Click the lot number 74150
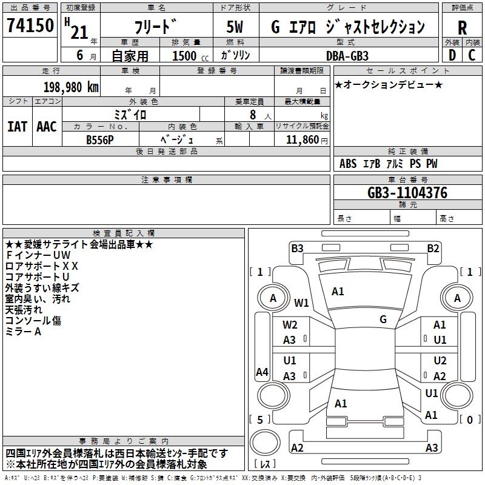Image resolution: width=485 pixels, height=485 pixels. (x=30, y=26)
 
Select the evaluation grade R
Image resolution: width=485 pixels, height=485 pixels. (x=462, y=27)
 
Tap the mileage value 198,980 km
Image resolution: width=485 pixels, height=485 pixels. (x=70, y=87)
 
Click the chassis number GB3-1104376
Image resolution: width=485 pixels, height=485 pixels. (x=407, y=193)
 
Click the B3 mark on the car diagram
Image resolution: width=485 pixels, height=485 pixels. (x=297, y=248)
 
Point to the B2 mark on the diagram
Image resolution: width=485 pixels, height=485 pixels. (x=433, y=248)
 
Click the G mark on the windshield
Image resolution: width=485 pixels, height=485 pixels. (x=383, y=319)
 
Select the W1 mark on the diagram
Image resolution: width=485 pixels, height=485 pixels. (x=301, y=303)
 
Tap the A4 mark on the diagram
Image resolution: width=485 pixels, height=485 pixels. (x=262, y=372)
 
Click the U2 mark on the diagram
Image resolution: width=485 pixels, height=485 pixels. (x=440, y=361)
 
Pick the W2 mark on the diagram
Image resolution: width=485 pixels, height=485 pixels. (x=290, y=325)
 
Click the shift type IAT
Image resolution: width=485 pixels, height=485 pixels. (x=17, y=126)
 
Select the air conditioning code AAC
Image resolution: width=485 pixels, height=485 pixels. (x=46, y=126)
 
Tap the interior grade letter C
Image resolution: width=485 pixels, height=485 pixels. (x=472, y=55)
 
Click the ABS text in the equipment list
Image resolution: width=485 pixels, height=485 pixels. (x=348, y=164)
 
